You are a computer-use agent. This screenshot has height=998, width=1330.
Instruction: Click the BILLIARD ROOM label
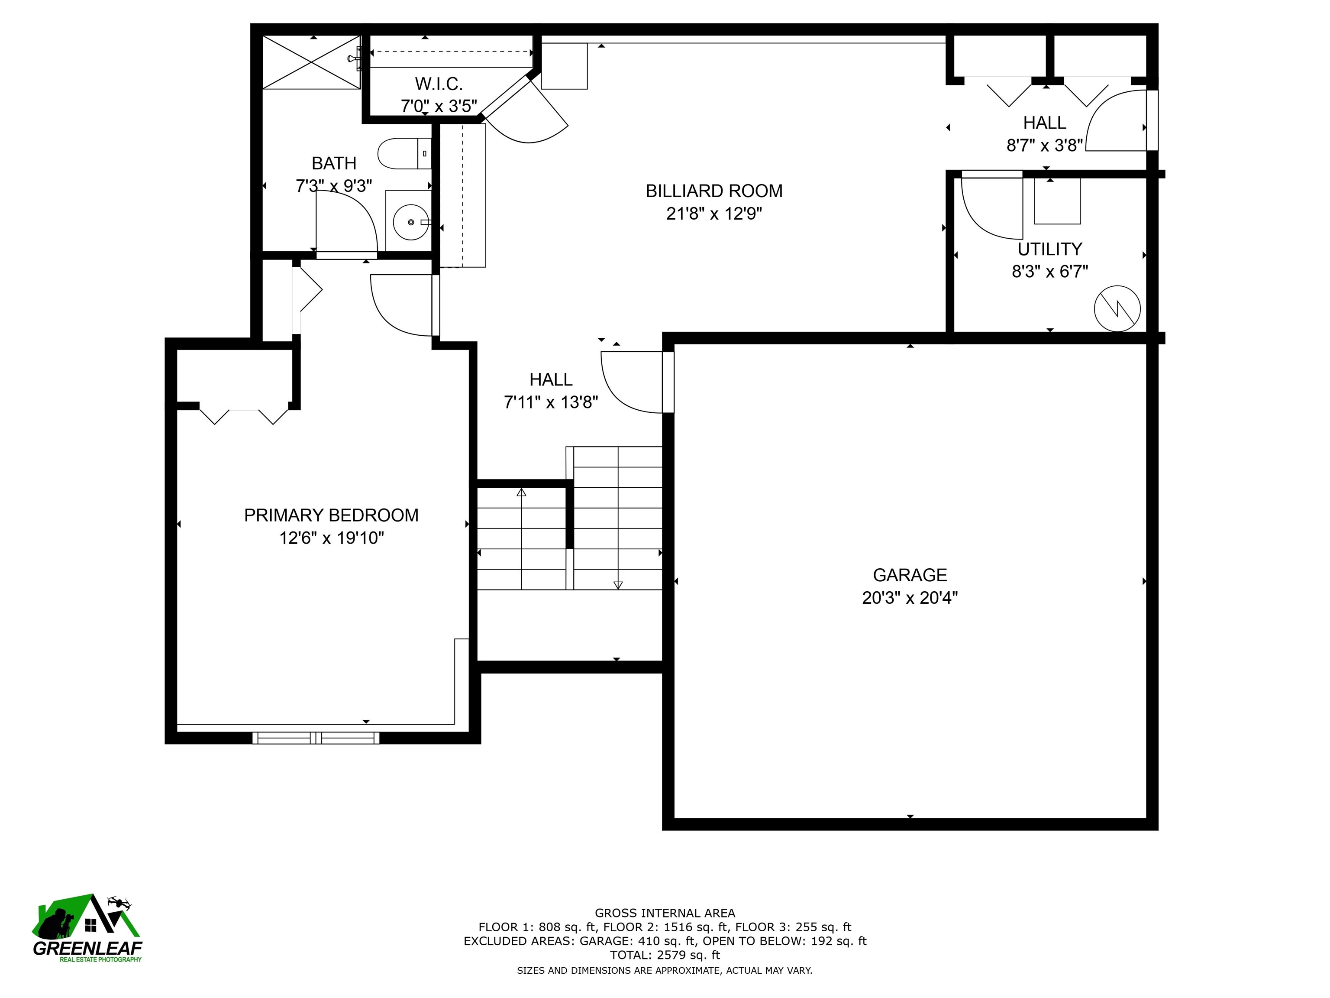tap(713, 191)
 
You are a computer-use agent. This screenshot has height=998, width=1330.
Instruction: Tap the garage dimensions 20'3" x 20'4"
tap(909, 598)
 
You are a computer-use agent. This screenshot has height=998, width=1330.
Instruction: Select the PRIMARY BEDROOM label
tap(331, 515)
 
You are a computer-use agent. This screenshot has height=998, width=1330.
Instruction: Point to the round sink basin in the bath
tap(411, 222)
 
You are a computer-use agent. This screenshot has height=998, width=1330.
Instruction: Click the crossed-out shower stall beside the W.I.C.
tap(311, 62)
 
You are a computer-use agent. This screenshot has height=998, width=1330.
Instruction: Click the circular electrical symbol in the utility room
tap(1117, 308)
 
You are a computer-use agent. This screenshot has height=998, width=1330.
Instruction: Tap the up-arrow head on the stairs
tap(521, 493)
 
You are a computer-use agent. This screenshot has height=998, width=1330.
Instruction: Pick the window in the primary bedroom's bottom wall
tap(316, 738)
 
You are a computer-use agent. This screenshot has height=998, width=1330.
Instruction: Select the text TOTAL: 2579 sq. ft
tap(665, 955)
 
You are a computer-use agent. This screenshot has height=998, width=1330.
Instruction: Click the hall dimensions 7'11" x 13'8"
tap(551, 402)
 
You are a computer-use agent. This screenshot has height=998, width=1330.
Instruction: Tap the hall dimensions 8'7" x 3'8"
tap(1044, 146)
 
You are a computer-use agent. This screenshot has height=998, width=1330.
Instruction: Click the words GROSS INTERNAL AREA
tap(665, 913)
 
